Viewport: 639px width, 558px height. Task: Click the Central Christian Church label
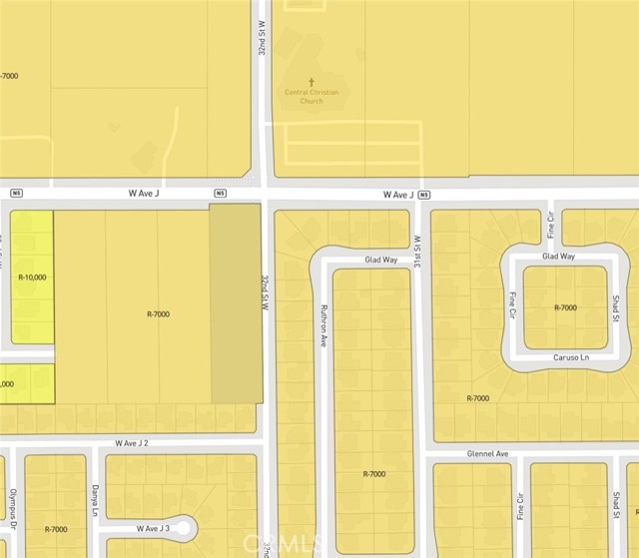312,96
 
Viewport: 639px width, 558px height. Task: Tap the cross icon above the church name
312,82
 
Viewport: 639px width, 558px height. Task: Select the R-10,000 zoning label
32,277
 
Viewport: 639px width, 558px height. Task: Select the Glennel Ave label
488,453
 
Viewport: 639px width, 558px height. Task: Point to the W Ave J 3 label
153,528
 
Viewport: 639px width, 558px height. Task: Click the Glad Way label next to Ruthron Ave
380,259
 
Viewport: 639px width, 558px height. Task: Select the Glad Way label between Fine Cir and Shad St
558,256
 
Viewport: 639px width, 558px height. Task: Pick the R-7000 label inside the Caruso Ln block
565,307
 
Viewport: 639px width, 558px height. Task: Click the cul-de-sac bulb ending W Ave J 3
187,528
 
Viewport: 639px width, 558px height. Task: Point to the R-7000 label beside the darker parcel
158,314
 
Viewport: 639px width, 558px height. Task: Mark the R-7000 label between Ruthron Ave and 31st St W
374,473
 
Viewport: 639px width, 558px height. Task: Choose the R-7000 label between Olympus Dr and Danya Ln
56,529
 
